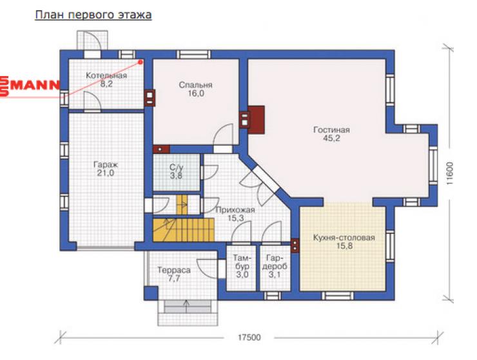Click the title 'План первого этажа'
[x=93, y=15]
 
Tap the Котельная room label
[x=106, y=80]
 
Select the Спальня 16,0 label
[x=195, y=89]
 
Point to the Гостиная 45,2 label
[x=331, y=134]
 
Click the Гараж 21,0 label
[x=106, y=169]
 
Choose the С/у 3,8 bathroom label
[x=177, y=171]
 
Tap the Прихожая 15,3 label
[x=235, y=214]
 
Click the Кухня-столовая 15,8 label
[x=344, y=242]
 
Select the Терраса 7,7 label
[x=174, y=274]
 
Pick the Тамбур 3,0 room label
[x=242, y=267]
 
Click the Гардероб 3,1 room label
[x=275, y=267]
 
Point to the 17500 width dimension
[x=249, y=337]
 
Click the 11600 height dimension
[x=450, y=173]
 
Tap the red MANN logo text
[x=30, y=86]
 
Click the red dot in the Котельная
[x=141, y=62]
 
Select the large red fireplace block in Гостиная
[x=257, y=120]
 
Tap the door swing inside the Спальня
[x=223, y=135]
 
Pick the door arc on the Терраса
[x=208, y=268]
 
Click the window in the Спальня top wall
[x=193, y=55]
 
